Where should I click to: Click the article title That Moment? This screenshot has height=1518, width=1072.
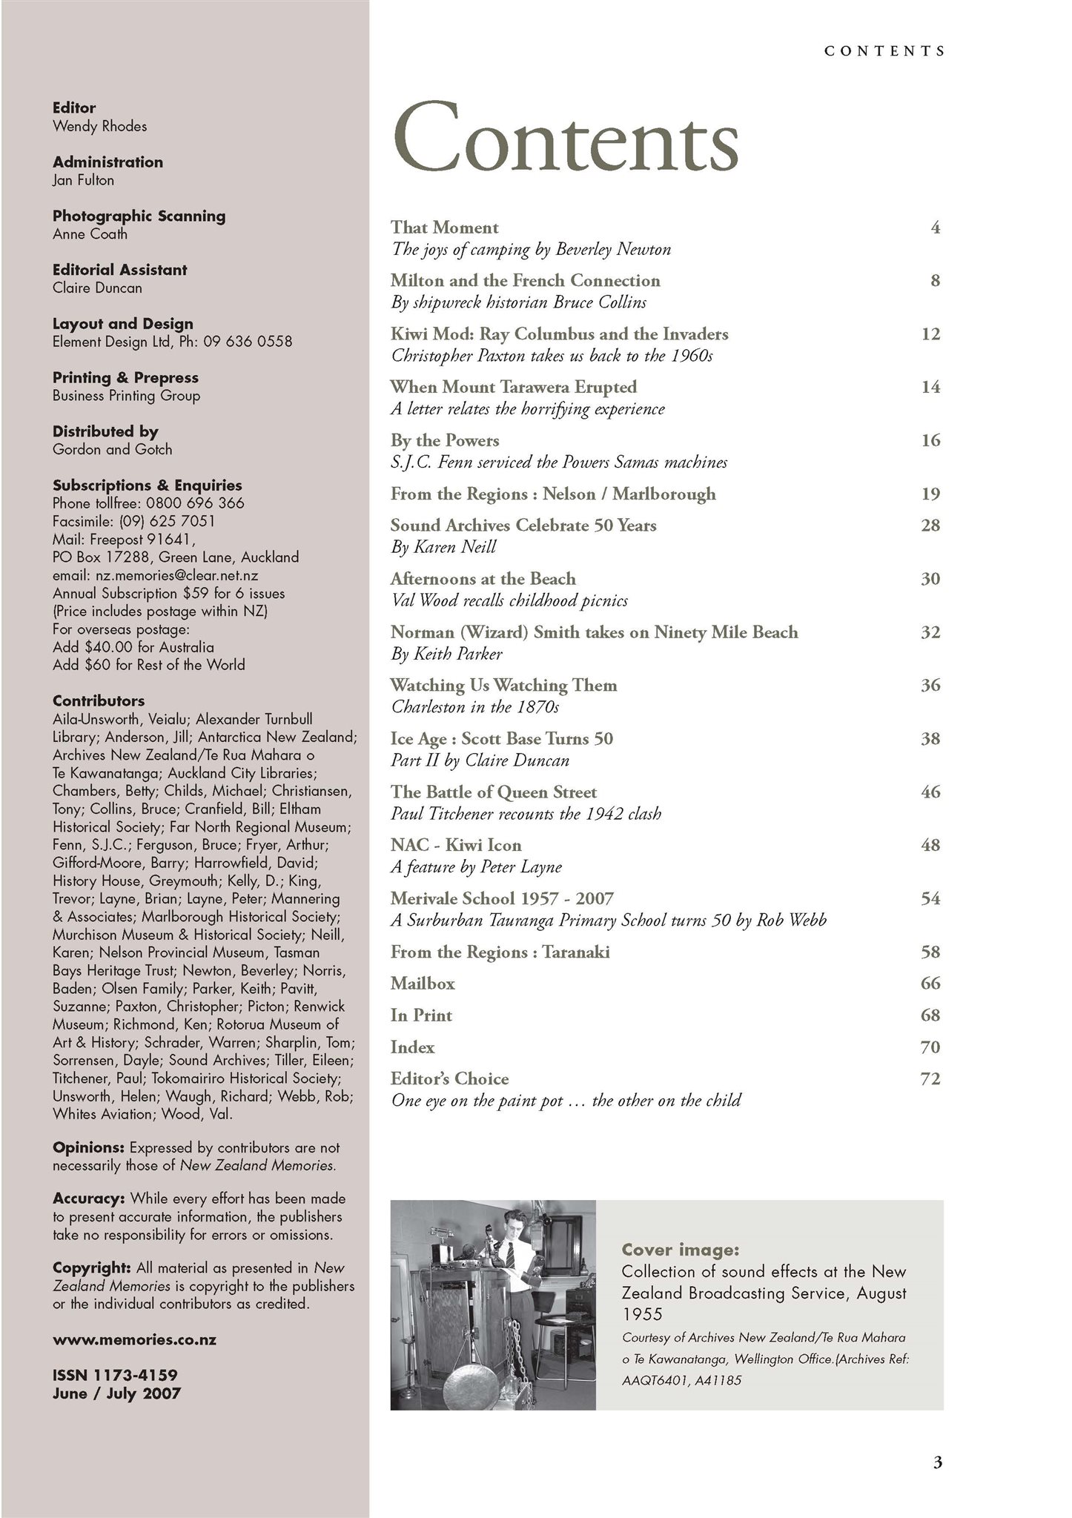[x=445, y=228]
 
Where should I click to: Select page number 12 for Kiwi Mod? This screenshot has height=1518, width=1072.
[x=930, y=334]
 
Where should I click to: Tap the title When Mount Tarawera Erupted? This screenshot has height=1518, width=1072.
[x=513, y=387]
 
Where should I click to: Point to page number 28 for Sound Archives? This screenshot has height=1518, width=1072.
[x=930, y=526]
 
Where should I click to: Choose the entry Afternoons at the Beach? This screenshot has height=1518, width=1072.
[x=483, y=579]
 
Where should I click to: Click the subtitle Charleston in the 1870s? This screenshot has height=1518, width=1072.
[x=474, y=707]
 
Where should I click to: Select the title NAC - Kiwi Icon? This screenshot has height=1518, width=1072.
[x=456, y=845]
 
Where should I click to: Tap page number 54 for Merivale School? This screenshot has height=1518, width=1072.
[x=930, y=899]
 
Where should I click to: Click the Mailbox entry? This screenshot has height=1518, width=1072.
[x=423, y=984]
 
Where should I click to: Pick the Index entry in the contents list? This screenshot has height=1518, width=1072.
[x=412, y=1047]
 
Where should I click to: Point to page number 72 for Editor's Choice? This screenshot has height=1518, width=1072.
[x=930, y=1079]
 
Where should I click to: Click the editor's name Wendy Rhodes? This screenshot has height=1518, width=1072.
[x=99, y=126]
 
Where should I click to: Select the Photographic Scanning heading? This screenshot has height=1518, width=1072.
[x=139, y=216]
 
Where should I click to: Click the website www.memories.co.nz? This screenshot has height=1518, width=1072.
[x=134, y=1340]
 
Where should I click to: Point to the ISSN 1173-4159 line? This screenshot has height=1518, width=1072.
[x=115, y=1376]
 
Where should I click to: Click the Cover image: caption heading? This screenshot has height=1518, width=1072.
[x=680, y=1250]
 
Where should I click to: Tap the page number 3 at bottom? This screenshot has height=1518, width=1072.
[x=937, y=1462]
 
